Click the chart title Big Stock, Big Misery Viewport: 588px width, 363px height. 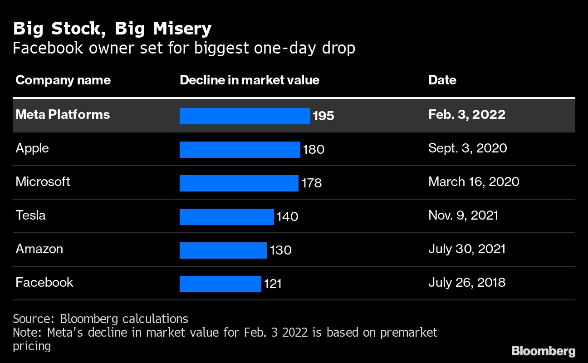coord(112,29)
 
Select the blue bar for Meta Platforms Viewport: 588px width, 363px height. coord(245,116)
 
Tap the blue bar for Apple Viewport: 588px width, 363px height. coord(240,150)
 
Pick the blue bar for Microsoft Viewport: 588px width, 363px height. coord(239,183)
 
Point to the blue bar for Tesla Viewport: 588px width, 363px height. coord(226,217)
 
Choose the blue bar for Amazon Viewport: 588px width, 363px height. coord(223,250)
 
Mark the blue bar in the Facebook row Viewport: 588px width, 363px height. coord(220,284)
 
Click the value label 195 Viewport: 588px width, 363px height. coord(323,116)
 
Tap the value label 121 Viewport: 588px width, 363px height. coord(273,285)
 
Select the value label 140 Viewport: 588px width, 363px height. coord(287,217)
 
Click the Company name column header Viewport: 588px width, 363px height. coord(63,80)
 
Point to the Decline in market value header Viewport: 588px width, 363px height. coord(250,80)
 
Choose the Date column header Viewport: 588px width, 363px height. coord(442,80)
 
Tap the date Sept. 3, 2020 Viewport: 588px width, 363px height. coord(467,148)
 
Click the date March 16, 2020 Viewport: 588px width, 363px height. coord(474,182)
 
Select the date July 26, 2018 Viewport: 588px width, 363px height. coord(466,283)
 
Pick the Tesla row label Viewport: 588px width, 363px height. coord(30,215)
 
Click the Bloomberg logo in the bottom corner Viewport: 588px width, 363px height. coord(543,351)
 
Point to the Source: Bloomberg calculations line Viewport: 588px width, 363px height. coord(100,319)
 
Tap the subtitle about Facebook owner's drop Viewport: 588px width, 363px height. coord(184,48)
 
